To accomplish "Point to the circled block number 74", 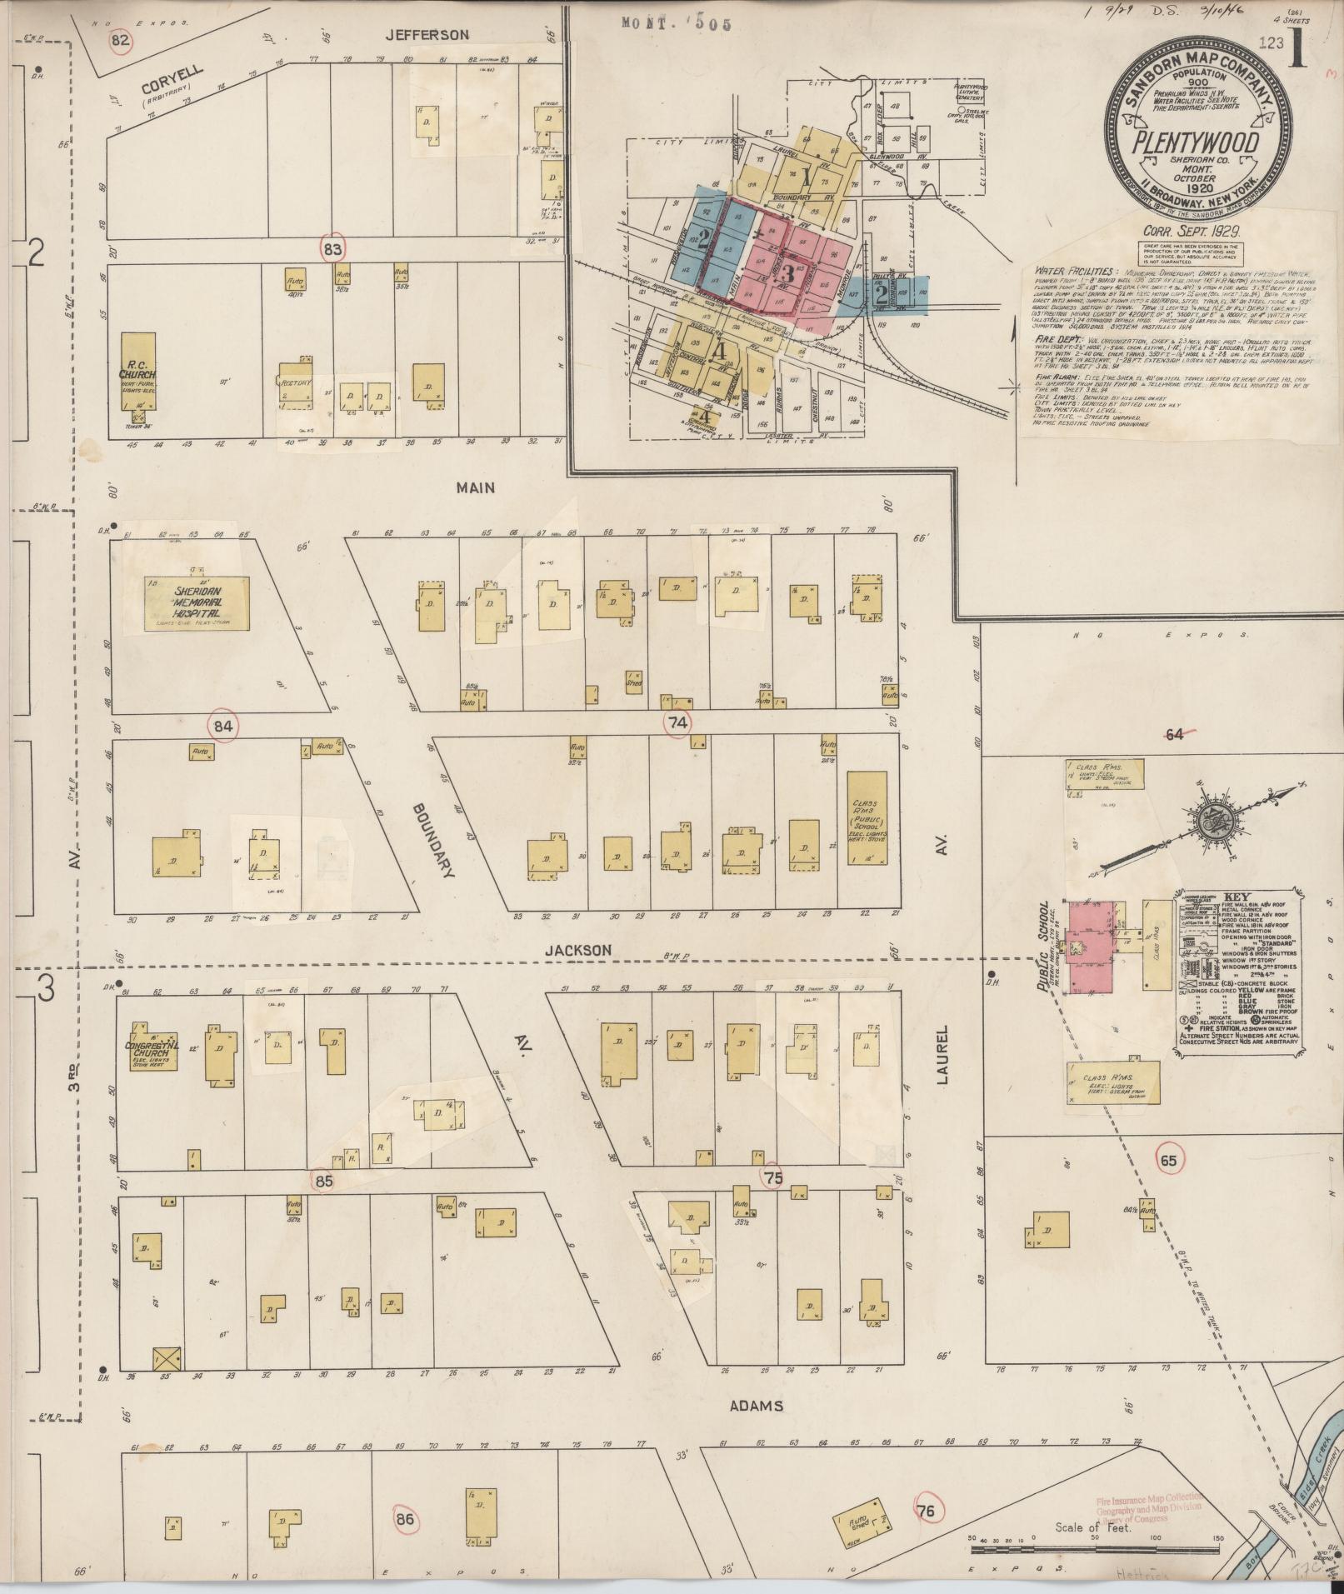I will pos(677,723).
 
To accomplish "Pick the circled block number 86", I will pos(405,1519).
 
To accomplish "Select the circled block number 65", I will pos(1168,1160).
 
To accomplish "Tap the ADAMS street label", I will pos(756,1407).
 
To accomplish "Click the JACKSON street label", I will pos(578,950).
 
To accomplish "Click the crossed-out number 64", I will pos(1174,734).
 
